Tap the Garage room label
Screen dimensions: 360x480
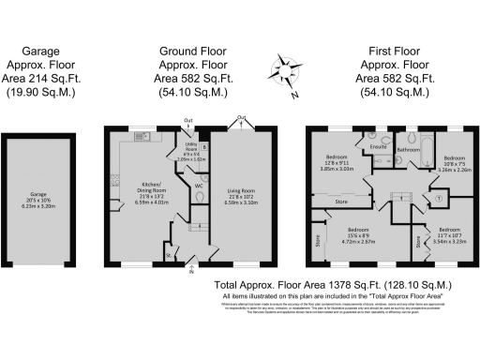(x=37, y=198)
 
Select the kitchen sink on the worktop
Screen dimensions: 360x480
(x=142, y=138)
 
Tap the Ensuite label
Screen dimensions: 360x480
(x=380, y=147)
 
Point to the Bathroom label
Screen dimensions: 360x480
(x=408, y=149)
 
